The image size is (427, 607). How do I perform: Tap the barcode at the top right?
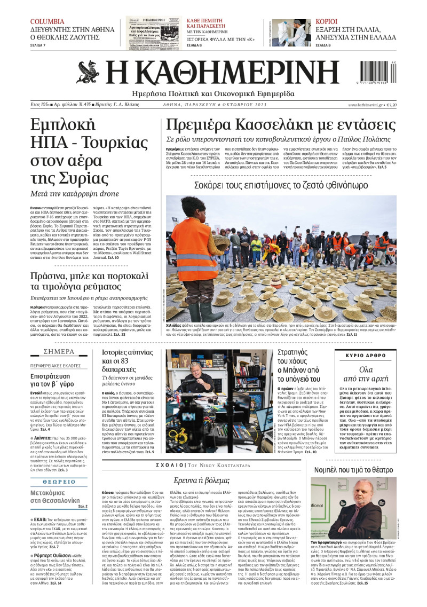tap(386, 72)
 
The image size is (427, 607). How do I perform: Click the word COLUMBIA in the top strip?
tap(48, 22)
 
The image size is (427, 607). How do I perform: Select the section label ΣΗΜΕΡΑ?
tap(59, 352)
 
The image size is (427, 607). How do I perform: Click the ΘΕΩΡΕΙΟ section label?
tap(59, 481)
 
